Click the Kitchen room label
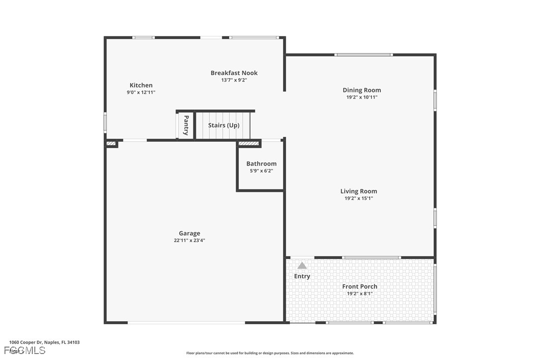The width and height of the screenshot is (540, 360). tap(141, 85)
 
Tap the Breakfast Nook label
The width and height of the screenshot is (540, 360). tap(234, 73)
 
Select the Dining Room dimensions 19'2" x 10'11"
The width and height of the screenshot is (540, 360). tap(361, 97)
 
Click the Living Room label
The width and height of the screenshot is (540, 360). tap(359, 191)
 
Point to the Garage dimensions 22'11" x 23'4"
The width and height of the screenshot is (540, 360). tap(189, 241)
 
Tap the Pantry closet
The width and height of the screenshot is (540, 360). tap(186, 125)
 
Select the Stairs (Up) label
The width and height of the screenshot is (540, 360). tap(224, 125)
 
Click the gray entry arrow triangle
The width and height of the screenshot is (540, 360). tap(302, 266)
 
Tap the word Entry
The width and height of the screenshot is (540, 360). tap(302, 276)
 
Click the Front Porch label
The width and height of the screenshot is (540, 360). tap(360, 286)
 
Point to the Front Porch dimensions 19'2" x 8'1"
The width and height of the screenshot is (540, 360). tap(360, 294)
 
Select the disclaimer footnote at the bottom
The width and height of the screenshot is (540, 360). tap(270, 353)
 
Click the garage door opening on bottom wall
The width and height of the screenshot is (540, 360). tap(186, 323)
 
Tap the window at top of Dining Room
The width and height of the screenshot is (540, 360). tap(363, 55)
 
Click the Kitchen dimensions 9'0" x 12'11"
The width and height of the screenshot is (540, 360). tap(141, 92)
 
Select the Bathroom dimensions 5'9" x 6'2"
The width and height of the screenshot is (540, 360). tap(261, 171)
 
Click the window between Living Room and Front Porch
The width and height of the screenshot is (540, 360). tap(371, 258)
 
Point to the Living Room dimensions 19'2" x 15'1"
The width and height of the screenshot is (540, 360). tap(359, 198)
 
